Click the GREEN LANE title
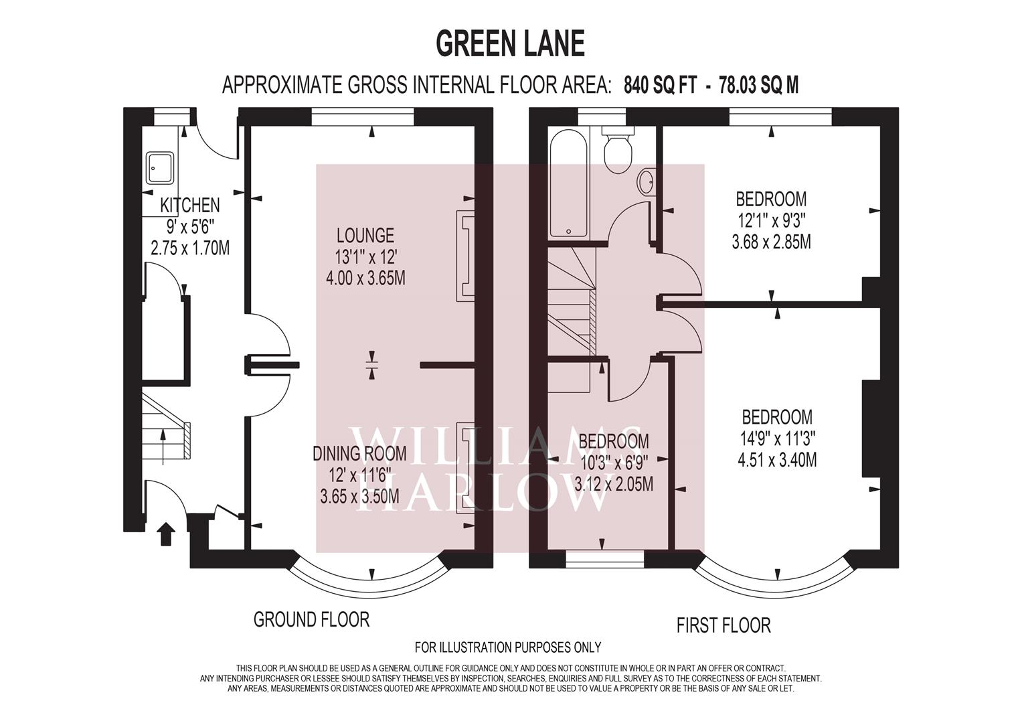(510, 44)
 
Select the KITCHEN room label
(190, 205)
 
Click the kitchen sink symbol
(160, 169)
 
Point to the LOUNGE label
(365, 235)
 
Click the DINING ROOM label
(359, 453)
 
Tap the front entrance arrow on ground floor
(165, 534)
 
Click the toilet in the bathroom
(618, 150)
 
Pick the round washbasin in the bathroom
(647, 181)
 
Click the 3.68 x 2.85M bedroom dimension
(771, 242)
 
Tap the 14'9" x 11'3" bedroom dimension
(777, 438)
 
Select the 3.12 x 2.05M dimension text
(614, 484)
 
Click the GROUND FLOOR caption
(311, 619)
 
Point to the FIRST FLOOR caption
(723, 625)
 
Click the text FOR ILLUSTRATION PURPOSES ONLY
(508, 647)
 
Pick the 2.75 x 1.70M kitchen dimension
(190, 248)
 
